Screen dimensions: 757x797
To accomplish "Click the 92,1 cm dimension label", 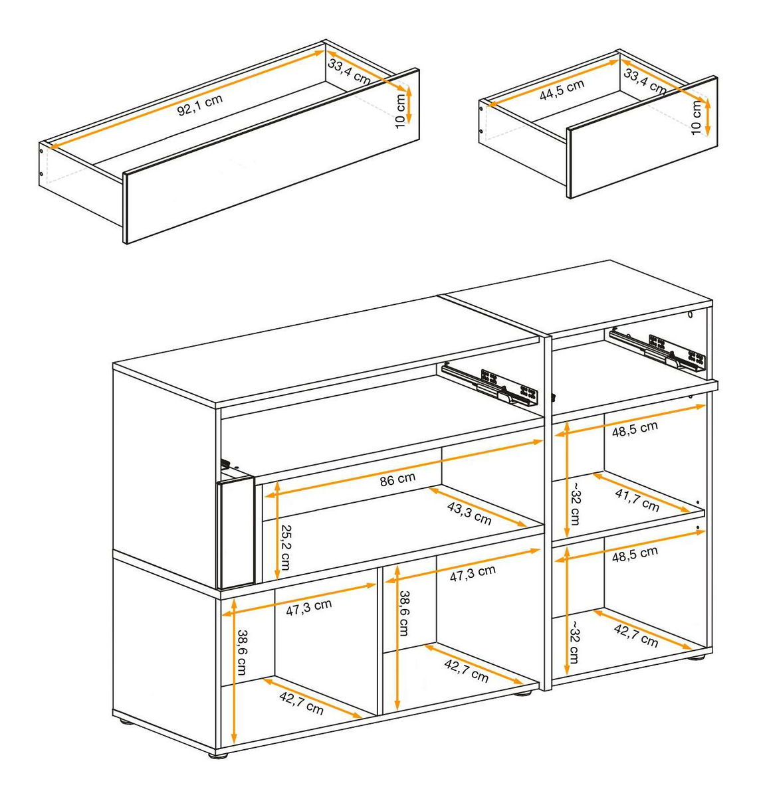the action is pyautogui.click(x=200, y=105).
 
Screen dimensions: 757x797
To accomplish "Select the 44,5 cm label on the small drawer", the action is pyautogui.click(x=562, y=90).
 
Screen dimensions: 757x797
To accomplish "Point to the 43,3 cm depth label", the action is pyautogui.click(x=469, y=513).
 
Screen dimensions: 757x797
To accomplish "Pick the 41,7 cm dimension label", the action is pyautogui.click(x=637, y=500).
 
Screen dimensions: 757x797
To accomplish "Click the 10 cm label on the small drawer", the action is pyautogui.click(x=697, y=118).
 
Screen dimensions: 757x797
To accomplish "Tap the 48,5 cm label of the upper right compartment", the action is pyautogui.click(x=635, y=429).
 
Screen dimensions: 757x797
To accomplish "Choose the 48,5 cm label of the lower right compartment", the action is pyautogui.click(x=635, y=554).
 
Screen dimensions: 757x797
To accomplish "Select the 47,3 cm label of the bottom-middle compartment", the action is pyautogui.click(x=473, y=573).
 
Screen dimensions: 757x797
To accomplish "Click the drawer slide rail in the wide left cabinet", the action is pyautogui.click(x=490, y=384).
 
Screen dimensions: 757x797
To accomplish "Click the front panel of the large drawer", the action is pyautogui.click(x=271, y=156).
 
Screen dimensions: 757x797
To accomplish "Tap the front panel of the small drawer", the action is pyautogui.click(x=642, y=137).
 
